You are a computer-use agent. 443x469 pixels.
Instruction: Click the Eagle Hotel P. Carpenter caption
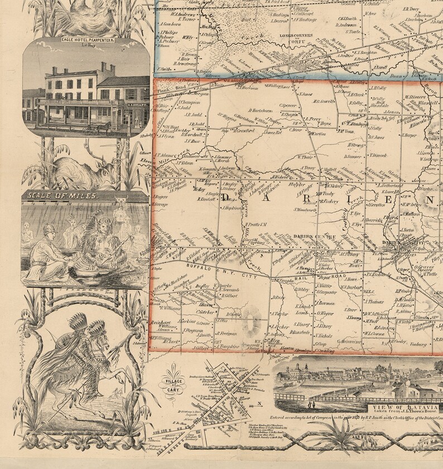point(86,41)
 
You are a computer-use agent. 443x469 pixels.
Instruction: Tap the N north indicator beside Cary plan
point(258,404)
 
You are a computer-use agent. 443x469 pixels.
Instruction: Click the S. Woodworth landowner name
point(302,210)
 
